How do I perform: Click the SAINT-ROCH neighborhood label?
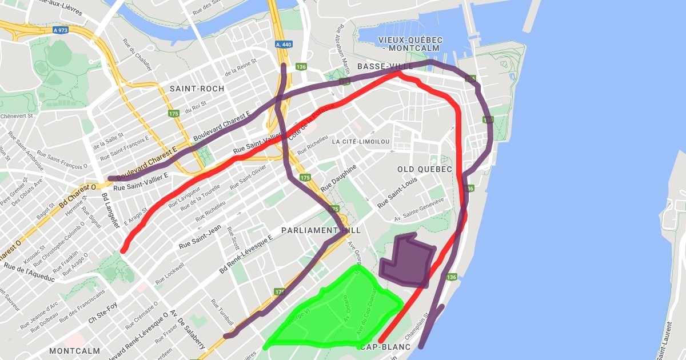pos(197,89)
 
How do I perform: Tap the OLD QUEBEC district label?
pos(425,170)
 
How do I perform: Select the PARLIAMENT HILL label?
pos(321,230)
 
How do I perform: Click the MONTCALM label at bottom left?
pos(75,350)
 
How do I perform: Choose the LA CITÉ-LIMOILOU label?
pos(361,141)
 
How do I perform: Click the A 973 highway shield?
pos(60,30)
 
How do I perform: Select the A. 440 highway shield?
pos(283,43)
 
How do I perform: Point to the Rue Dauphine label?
pos(338,178)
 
